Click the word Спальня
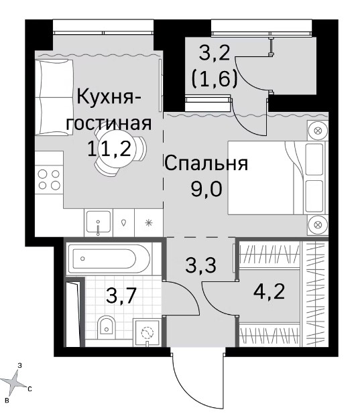[x=206, y=163]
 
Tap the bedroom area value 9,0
[x=206, y=190]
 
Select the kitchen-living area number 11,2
[x=109, y=149]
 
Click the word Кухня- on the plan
[x=110, y=97]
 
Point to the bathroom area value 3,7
[x=119, y=296]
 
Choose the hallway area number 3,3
[x=200, y=265]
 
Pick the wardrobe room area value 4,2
[x=269, y=291]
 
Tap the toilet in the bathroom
[x=106, y=325]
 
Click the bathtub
[x=109, y=259]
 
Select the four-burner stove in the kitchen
[x=49, y=180]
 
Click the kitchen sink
[x=99, y=222]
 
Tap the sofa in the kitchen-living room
[x=54, y=96]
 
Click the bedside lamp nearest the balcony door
[x=318, y=131]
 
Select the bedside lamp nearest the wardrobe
[x=318, y=224]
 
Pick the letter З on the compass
[x=19, y=365]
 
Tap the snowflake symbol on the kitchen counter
[x=149, y=222]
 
